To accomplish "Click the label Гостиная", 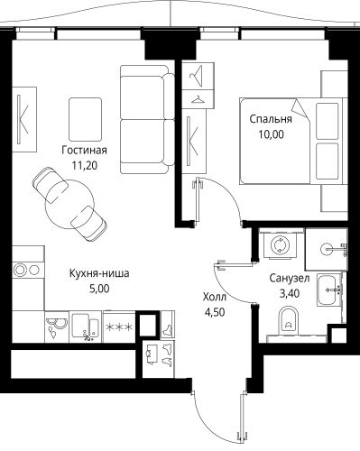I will pyautogui.click(x=85, y=151).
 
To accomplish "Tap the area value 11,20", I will pyautogui.click(x=85, y=166).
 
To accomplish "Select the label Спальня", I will pyautogui.click(x=271, y=118).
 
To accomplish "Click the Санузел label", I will pyautogui.click(x=290, y=279).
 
